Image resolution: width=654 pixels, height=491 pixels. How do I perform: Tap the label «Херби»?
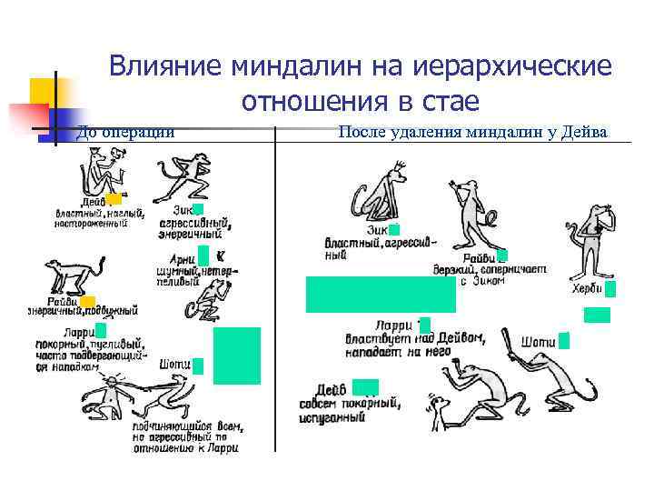(587, 289)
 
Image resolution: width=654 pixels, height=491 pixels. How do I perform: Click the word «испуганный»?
(332, 417)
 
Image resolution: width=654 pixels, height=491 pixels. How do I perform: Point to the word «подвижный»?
(110, 311)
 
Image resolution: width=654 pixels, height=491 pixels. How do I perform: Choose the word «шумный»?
(176, 270)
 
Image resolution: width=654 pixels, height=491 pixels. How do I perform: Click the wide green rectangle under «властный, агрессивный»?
(381, 295)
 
